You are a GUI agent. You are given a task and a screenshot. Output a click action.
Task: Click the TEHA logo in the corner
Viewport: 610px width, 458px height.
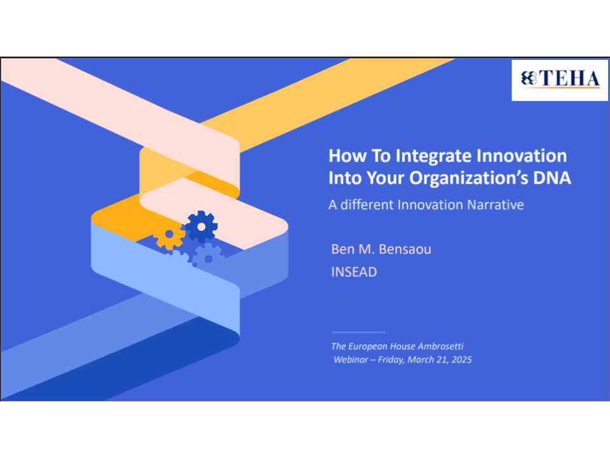click(x=560, y=80)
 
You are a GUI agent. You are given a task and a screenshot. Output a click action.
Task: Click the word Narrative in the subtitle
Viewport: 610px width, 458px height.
click(x=496, y=205)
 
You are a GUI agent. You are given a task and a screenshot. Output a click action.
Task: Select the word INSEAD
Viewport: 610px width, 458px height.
click(x=354, y=272)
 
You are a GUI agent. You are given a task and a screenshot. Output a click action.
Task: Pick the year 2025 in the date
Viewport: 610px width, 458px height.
click(x=461, y=359)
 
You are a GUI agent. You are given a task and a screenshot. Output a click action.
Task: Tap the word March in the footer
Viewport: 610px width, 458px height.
click(x=424, y=359)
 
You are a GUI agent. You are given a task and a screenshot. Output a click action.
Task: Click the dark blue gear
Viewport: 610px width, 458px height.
click(x=201, y=226)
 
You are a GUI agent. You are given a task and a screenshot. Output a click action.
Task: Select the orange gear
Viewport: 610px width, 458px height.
click(x=169, y=236)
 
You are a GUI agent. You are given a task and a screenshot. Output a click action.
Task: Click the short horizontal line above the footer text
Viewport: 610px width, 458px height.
click(x=358, y=332)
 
